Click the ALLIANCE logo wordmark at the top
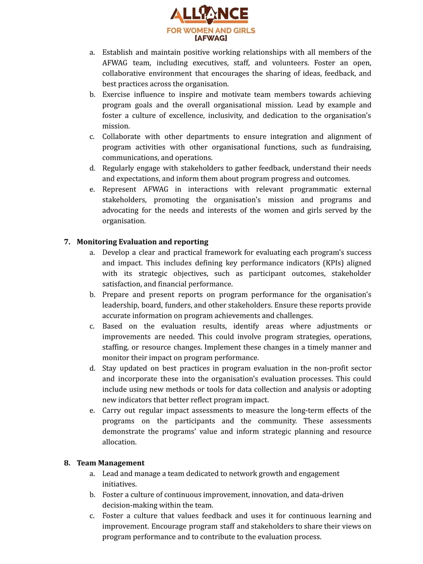click(210, 14)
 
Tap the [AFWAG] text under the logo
click(211, 38)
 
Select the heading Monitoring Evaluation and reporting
click(143, 242)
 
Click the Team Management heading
click(110, 463)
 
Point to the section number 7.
click(67, 242)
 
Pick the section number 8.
click(67, 463)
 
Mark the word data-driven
click(324, 495)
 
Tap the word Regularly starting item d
click(118, 168)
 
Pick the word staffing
click(115, 347)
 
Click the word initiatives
click(119, 484)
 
